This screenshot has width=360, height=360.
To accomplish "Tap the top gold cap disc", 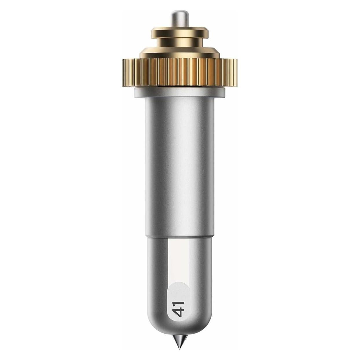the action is (x=180, y=33).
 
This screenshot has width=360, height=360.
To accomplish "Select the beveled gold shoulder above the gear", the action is (x=180, y=53).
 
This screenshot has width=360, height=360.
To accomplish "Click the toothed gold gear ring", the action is (x=180, y=73).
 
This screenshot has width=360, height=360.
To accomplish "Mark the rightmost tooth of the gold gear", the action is (x=236, y=73).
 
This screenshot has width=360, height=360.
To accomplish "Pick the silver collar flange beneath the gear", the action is (x=180, y=93).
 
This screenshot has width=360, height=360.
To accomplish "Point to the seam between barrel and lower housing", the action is (x=180, y=238).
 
